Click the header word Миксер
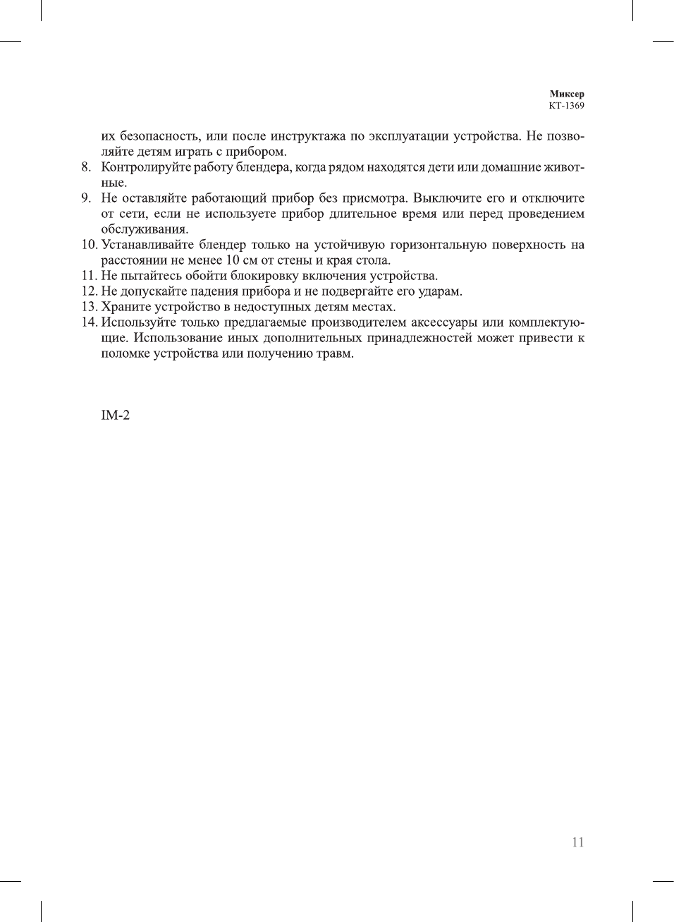coord(567,94)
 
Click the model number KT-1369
coord(567,106)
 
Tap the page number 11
coord(578,842)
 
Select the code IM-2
coord(116,415)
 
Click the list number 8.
coord(86,167)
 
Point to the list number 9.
coord(86,198)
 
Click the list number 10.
coord(89,245)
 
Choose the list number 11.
coord(89,276)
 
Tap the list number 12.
coord(89,291)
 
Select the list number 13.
coord(89,307)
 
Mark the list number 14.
coord(89,322)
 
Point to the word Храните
coord(123,307)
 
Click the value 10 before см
coord(233,260)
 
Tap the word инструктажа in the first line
coord(308,136)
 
